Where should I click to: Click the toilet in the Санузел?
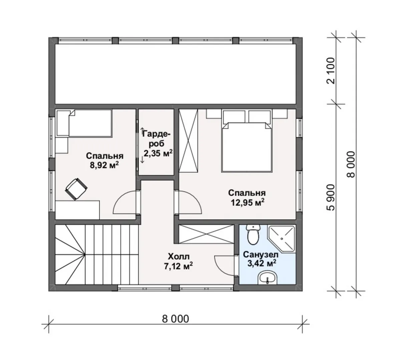coord(253,234)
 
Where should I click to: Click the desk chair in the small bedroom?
coord(76,189)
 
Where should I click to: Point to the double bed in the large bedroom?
coord(247,147)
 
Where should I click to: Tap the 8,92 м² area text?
coord(104,165)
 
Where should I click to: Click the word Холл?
coord(179,256)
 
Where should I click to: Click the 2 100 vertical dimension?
coord(332,71)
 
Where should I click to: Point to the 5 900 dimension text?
coord(332,197)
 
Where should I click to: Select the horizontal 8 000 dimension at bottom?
coord(175,319)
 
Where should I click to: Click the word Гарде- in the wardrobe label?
coord(156,135)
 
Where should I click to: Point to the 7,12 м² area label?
coord(179,266)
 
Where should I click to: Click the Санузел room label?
coord(261,254)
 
